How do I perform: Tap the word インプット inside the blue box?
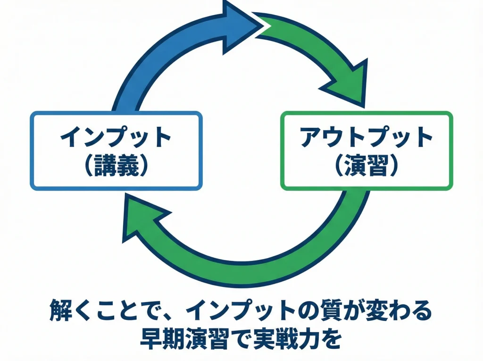116,137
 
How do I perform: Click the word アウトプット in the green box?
366,137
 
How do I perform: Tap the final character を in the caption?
330,339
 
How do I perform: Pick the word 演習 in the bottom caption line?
212,339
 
